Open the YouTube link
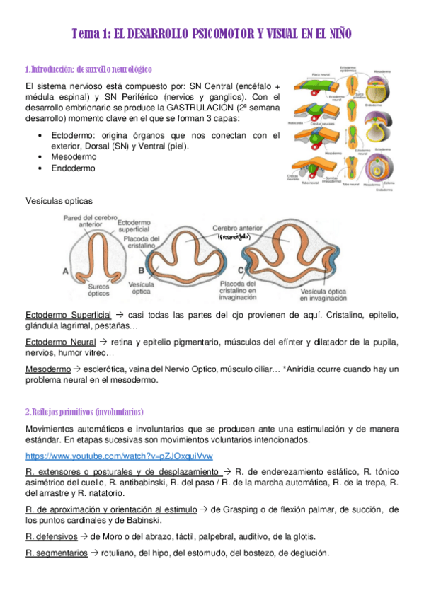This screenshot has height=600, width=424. [119, 456]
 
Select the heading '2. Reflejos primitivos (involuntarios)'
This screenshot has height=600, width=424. [84, 412]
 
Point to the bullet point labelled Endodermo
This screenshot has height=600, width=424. [73, 168]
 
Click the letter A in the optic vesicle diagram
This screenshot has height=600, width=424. [66, 271]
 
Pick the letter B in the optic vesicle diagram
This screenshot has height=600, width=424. [142, 270]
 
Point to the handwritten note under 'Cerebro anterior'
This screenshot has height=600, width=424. [234, 238]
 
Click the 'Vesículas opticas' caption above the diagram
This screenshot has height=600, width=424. [59, 201]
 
